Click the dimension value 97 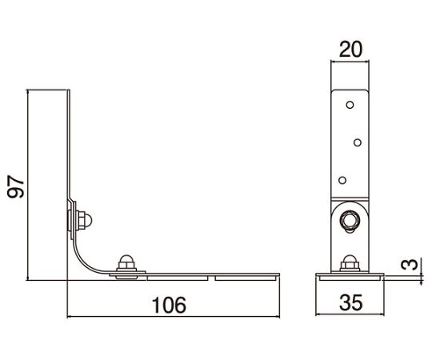pyautogui.click(x=16, y=186)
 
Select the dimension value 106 pyautogui.click(x=169, y=305)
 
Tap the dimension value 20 pyautogui.click(x=350, y=50)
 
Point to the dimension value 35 pyautogui.click(x=350, y=302)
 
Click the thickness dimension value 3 pyautogui.click(x=410, y=265)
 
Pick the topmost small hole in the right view pyautogui.click(x=350, y=105)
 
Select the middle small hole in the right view pyautogui.click(x=358, y=142)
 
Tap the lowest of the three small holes pyautogui.click(x=342, y=181)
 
